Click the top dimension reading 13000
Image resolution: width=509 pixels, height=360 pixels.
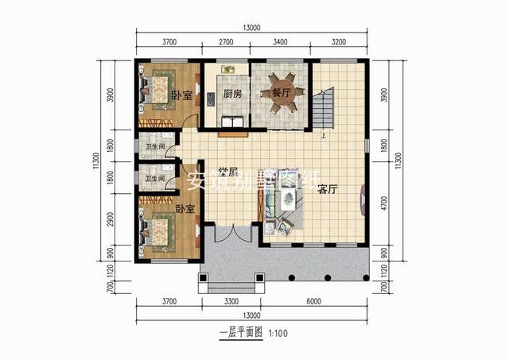[x=252, y=28]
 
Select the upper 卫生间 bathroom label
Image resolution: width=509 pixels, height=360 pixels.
[x=153, y=147]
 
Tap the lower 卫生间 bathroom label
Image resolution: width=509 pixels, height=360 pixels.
[x=153, y=178]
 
